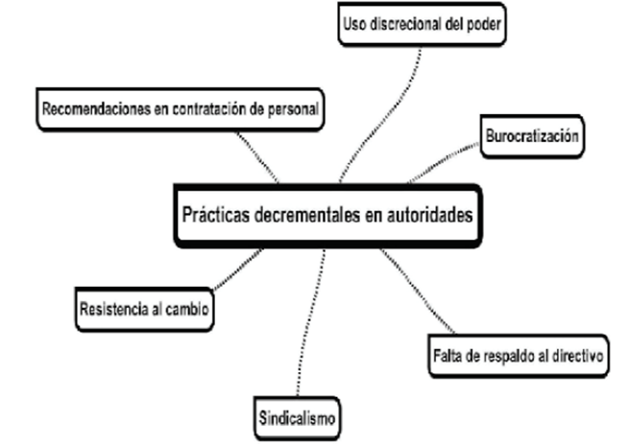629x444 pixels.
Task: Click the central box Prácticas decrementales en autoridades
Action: [x=327, y=215]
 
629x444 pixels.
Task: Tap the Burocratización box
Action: [x=530, y=137]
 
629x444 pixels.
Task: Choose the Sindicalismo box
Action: [x=299, y=419]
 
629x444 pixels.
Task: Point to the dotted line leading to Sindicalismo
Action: [x=309, y=326]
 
